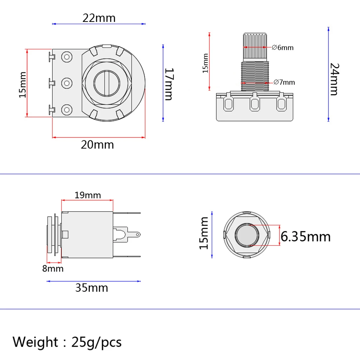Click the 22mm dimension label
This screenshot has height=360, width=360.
99,18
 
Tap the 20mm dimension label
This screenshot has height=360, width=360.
97,144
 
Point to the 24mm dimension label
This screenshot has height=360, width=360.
334,79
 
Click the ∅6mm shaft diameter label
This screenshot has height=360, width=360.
283,47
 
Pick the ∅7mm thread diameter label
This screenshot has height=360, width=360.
284,82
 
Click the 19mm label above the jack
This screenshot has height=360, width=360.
88,195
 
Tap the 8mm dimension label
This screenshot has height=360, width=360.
53,268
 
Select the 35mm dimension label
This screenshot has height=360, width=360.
92,288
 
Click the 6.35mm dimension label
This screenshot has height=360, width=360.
305,236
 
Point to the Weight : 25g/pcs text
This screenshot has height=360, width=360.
67,341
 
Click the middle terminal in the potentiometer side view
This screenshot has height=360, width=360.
255,103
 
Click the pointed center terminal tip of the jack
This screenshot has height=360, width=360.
139,235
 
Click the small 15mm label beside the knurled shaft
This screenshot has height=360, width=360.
206,63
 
